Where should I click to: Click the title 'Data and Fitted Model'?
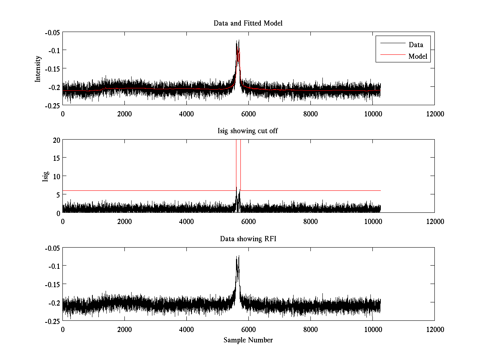click(x=248, y=23)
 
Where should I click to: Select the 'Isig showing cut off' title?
click(x=248, y=131)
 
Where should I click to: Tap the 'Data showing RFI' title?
click(x=248, y=239)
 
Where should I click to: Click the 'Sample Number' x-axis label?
click(x=248, y=340)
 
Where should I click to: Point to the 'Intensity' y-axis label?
click(x=38, y=68)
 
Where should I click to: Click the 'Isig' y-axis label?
click(x=46, y=176)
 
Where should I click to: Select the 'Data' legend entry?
click(x=416, y=45)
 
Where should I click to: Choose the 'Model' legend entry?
click(x=418, y=56)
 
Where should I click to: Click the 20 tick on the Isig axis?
click(x=56, y=140)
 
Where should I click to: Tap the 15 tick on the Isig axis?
click(x=56, y=158)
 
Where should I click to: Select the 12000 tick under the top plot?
click(x=434, y=114)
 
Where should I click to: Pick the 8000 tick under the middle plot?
click(x=310, y=222)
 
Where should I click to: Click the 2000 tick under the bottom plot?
click(x=124, y=330)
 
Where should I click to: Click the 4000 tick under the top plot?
click(x=186, y=114)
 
